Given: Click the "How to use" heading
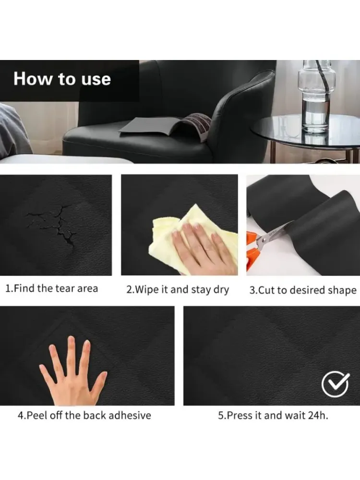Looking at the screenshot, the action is tap(62, 79).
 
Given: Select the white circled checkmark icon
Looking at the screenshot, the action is tap(335, 384).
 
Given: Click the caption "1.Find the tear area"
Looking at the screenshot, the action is tap(52, 288).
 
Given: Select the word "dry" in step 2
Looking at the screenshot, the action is tap(221, 290).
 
